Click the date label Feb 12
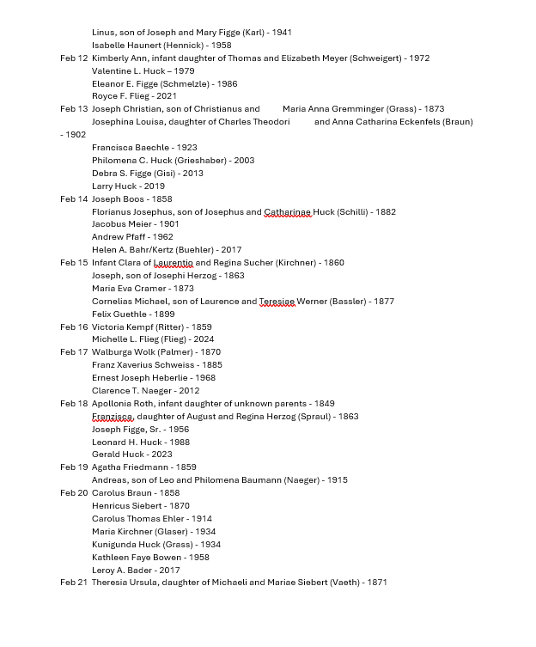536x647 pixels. [74, 58]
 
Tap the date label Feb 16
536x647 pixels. [74, 327]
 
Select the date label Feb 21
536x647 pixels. [74, 583]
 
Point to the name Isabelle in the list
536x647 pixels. [109, 46]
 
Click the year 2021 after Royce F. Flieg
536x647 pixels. [167, 96]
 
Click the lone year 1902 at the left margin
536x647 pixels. [74, 135]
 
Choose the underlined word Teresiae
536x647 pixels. [277, 302]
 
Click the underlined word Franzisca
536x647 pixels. [113, 417]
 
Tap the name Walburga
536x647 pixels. [112, 352]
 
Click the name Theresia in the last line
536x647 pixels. [111, 583]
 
